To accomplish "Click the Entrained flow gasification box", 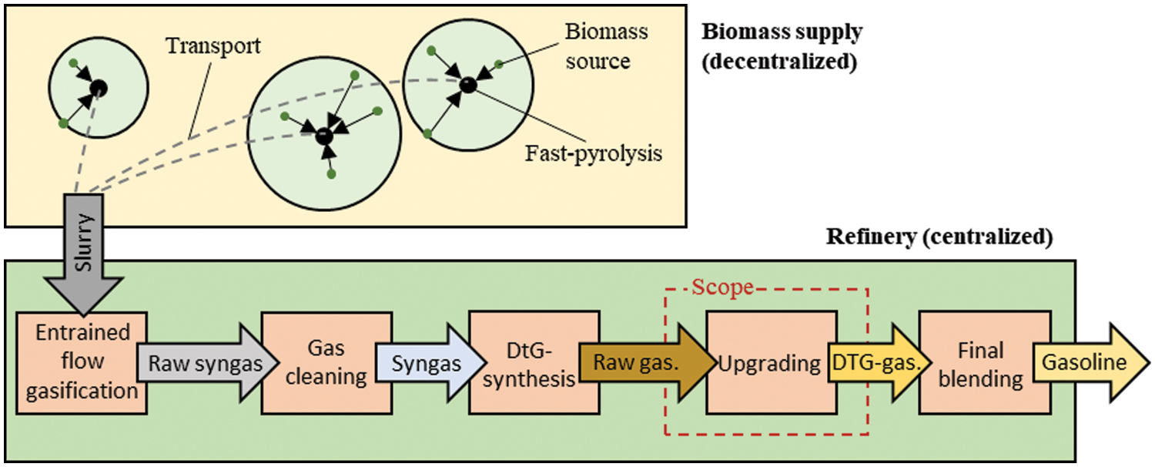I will click(82, 361).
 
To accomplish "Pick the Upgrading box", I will click(770, 361).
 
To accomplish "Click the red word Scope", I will click(722, 290).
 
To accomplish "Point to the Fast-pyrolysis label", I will click(594, 153).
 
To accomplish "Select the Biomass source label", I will click(607, 46).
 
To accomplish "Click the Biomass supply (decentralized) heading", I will click(782, 47).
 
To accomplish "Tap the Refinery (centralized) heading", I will click(939, 237).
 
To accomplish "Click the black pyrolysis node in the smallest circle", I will click(98, 89).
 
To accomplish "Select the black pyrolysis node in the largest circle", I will click(324, 136).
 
